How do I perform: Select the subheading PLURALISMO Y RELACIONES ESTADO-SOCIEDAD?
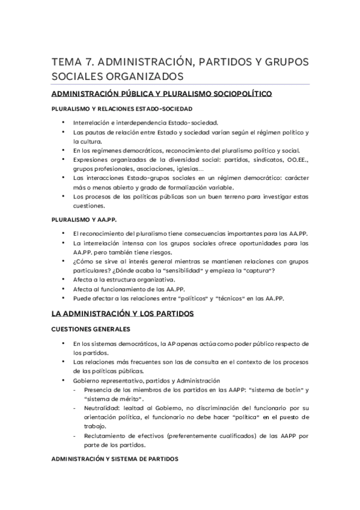(x=113, y=109)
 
